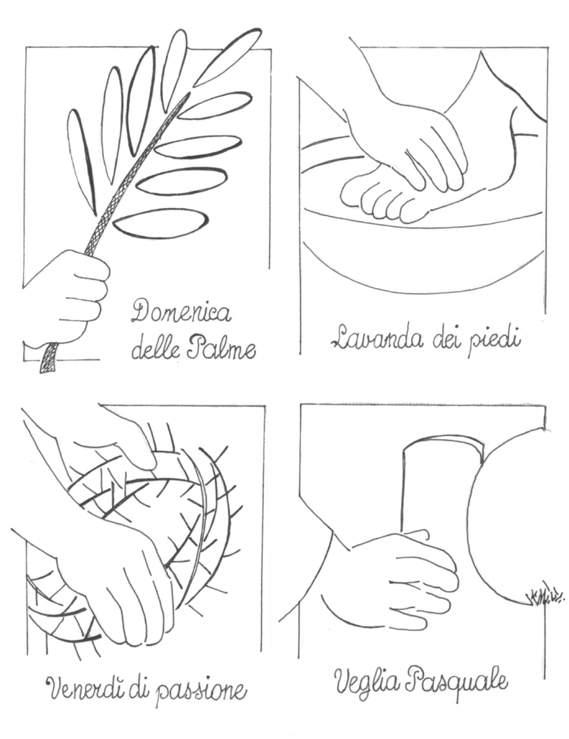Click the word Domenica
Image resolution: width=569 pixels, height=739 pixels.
[x=182, y=312]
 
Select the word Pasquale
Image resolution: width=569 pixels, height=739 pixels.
[x=456, y=681]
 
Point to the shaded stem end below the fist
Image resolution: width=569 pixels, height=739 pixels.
[x=48, y=358]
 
